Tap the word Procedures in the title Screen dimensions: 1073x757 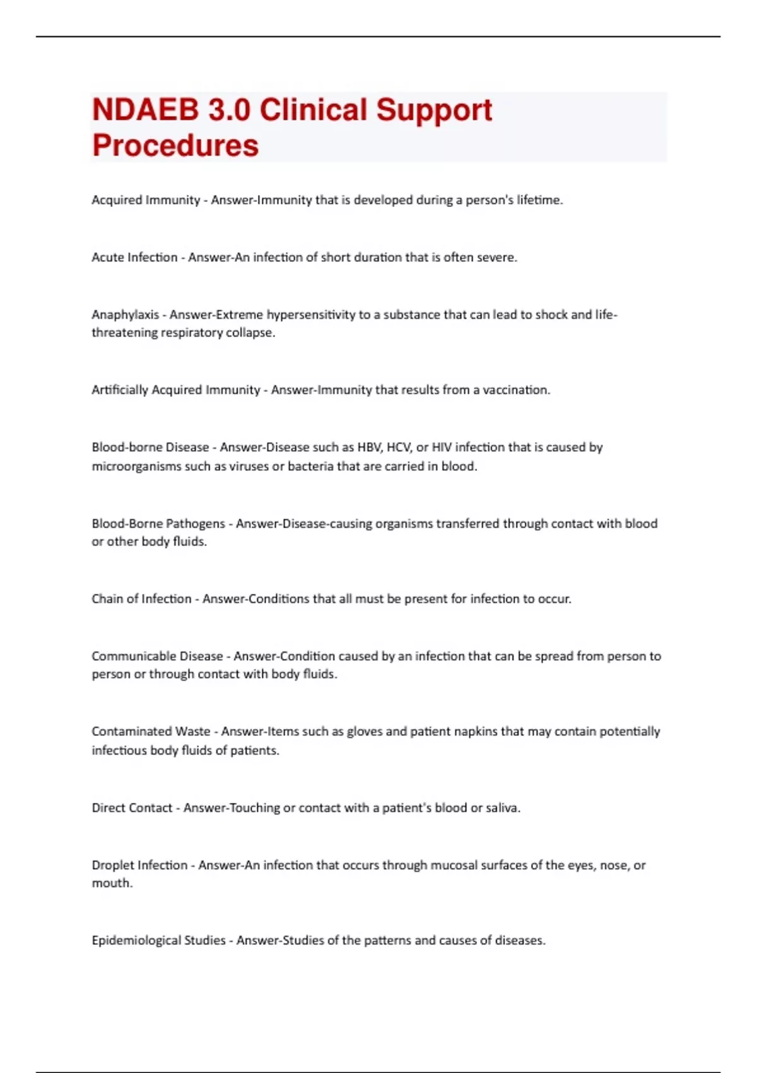(x=175, y=146)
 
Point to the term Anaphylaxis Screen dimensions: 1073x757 (x=125, y=315)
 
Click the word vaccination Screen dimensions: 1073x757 (x=516, y=390)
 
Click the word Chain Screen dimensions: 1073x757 (x=107, y=599)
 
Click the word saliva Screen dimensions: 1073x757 (x=503, y=808)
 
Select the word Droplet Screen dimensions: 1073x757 (x=113, y=865)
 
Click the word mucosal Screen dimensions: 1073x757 (x=454, y=865)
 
